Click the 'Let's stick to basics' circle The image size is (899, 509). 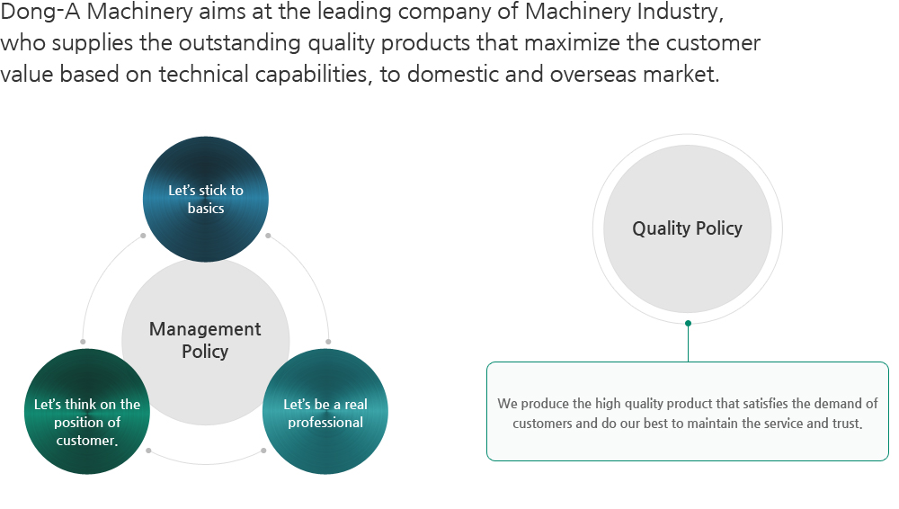coord(205,199)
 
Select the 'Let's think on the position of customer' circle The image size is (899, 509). coord(87,412)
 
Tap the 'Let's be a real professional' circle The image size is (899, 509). coord(325,412)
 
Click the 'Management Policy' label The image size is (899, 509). coord(205,340)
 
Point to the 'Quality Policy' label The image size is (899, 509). coord(688,228)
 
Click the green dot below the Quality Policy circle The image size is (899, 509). coord(688,324)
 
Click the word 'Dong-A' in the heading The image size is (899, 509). coord(40,12)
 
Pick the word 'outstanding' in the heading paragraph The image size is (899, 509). coord(240,43)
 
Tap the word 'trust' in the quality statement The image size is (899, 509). coord(848,424)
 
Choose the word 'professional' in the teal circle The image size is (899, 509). coord(325,423)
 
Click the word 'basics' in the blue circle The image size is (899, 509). coord(206,209)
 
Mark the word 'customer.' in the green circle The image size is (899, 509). coord(87,441)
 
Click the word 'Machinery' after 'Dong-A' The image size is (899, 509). coord(140,12)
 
